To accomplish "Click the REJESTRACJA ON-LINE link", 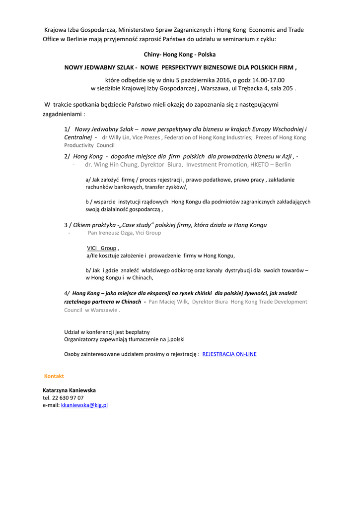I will [x=229, y=354].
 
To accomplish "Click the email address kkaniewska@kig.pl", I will [x=84, y=405].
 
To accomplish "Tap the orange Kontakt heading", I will [x=54, y=376].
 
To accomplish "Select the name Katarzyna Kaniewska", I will [x=69, y=390].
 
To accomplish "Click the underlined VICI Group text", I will [x=102, y=248].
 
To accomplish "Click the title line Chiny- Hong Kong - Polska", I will [x=179, y=54].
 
